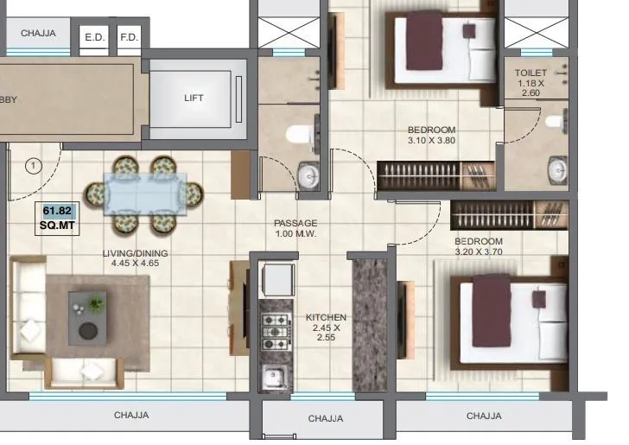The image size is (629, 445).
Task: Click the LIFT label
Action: pyautogui.click(x=194, y=98)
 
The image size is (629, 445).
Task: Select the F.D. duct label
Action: pyautogui.click(x=129, y=37)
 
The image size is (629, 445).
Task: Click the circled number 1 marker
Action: pyautogui.click(x=33, y=164)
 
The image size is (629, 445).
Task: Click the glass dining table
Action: pyautogui.click(x=143, y=193)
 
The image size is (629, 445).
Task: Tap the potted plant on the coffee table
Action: pyautogui.click(x=95, y=303)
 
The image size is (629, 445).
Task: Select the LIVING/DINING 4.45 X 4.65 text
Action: pyautogui.click(x=134, y=258)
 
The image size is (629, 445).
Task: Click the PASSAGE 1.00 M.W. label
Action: pyautogui.click(x=295, y=228)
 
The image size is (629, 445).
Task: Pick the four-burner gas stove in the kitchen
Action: pyautogui.click(x=276, y=330)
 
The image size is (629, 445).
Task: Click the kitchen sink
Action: pyautogui.click(x=275, y=377)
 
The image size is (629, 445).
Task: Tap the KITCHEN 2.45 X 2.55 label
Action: pyautogui.click(x=326, y=327)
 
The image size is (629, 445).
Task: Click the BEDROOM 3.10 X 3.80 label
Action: pyautogui.click(x=431, y=136)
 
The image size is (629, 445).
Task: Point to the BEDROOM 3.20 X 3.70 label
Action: pyautogui.click(x=478, y=246)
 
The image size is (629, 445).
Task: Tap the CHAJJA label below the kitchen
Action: pyautogui.click(x=326, y=419)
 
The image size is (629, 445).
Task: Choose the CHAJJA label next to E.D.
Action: pyautogui.click(x=38, y=34)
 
